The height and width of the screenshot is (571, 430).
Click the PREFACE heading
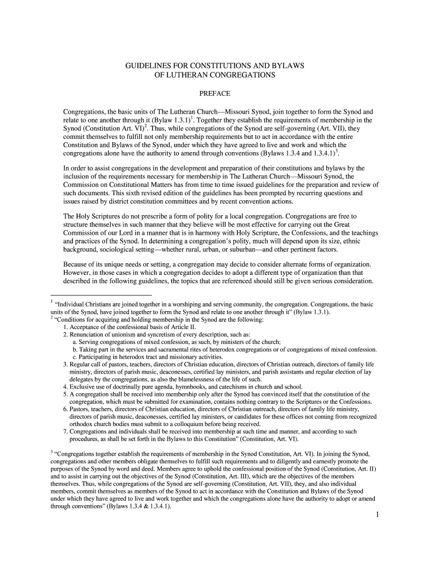click(x=215, y=93)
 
